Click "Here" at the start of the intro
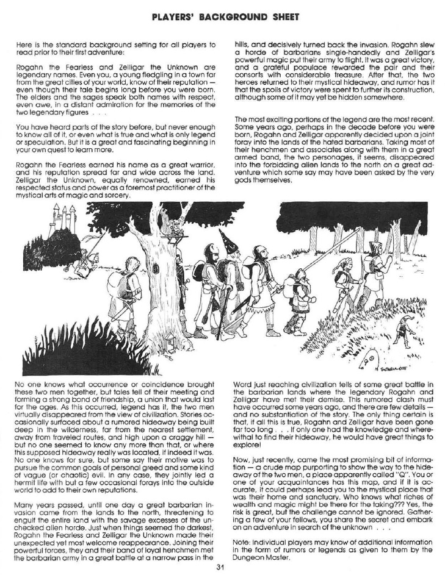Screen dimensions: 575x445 37,45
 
